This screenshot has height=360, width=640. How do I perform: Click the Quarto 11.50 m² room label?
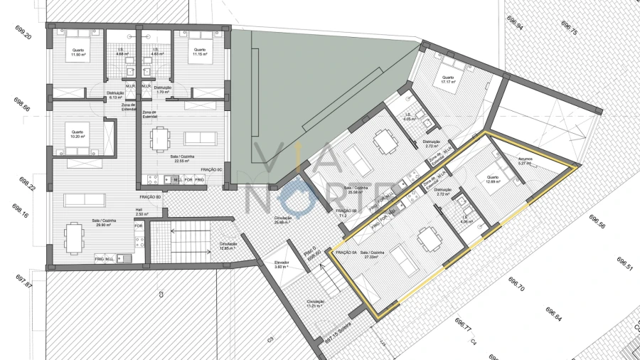78,53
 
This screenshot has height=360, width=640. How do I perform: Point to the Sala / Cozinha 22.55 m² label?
168,159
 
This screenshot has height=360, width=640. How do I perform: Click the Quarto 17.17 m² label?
448,80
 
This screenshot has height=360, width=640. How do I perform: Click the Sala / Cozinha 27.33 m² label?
374,254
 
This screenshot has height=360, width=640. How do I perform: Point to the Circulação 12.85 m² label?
228,246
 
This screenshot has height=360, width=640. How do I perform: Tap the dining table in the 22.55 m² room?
161,137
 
